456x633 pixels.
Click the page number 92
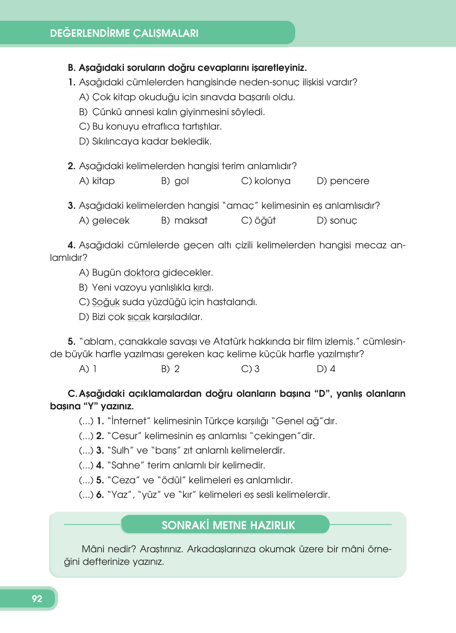(37, 599)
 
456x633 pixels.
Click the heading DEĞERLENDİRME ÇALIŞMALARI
(124, 33)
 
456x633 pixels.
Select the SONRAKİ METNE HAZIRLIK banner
(228, 525)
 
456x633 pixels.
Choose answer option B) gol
(175, 181)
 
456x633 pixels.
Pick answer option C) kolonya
(266, 181)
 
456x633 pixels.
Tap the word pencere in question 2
(349, 181)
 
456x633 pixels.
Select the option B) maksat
(184, 221)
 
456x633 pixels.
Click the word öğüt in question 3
(265, 221)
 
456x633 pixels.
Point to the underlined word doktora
(142, 273)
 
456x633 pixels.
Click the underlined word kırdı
(202, 288)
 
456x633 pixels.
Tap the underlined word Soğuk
(105, 302)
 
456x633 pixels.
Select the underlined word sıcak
(139, 317)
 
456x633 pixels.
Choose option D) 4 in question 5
(326, 369)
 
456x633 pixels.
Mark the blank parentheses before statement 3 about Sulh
(86, 450)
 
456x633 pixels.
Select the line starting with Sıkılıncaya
(145, 141)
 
